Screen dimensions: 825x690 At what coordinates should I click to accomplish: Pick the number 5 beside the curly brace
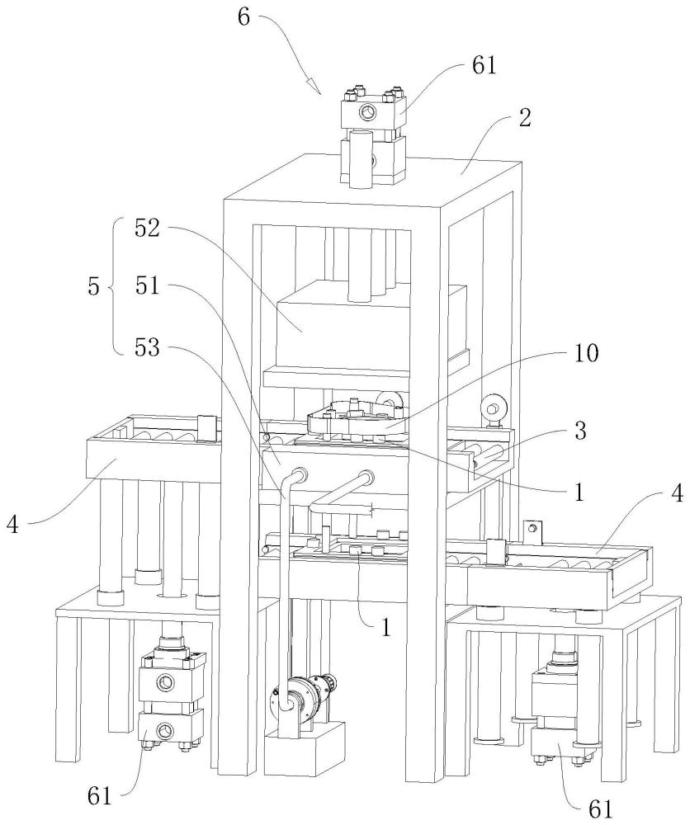coord(93,287)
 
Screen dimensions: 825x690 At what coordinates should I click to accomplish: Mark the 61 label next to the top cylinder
coord(484,67)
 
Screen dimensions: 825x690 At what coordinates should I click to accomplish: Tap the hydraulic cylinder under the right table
coord(559,701)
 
